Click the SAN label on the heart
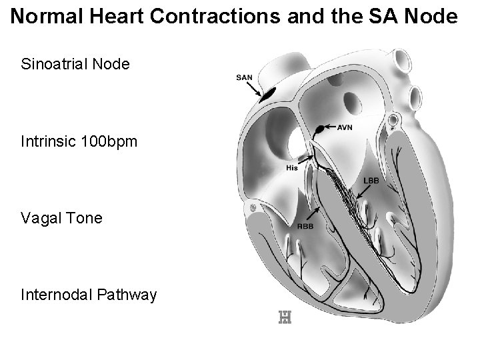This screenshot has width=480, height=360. pos(245,77)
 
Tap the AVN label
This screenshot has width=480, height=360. pos(345,127)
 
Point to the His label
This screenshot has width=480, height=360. pos(291,168)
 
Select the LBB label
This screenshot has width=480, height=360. pos(371,181)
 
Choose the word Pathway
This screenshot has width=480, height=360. pos(126,294)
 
